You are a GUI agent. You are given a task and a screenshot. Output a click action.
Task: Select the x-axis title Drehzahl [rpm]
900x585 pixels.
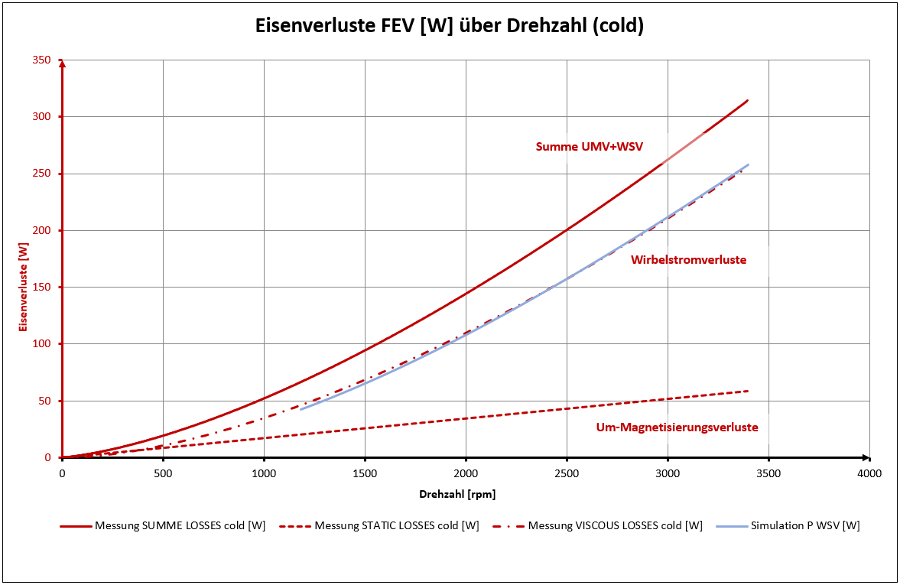point(456,494)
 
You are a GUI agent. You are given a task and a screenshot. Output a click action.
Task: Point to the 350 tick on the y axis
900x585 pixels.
point(41,60)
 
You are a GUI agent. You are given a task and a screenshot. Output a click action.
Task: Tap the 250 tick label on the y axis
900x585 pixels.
point(41,174)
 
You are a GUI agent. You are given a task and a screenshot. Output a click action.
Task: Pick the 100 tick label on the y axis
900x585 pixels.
point(41,344)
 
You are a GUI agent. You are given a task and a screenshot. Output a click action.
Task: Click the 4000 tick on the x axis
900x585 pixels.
point(869,473)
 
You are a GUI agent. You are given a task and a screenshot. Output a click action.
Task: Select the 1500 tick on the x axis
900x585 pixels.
point(365,473)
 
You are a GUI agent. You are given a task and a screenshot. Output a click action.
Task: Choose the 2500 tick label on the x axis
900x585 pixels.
point(567,473)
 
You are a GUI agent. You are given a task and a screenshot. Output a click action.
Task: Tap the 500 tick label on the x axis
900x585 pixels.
point(163,473)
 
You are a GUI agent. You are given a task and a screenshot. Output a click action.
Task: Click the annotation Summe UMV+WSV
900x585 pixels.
point(589,146)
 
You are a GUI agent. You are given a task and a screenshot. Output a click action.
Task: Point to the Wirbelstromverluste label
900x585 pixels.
point(688,260)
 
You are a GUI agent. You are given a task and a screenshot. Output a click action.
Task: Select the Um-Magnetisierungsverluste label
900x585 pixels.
point(677,427)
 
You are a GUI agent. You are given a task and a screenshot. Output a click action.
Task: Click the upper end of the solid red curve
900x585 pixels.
point(747,100)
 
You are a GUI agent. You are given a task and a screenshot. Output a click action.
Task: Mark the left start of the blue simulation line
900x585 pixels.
point(301,409)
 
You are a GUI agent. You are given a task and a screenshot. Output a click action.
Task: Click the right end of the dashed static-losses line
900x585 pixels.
point(747,391)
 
